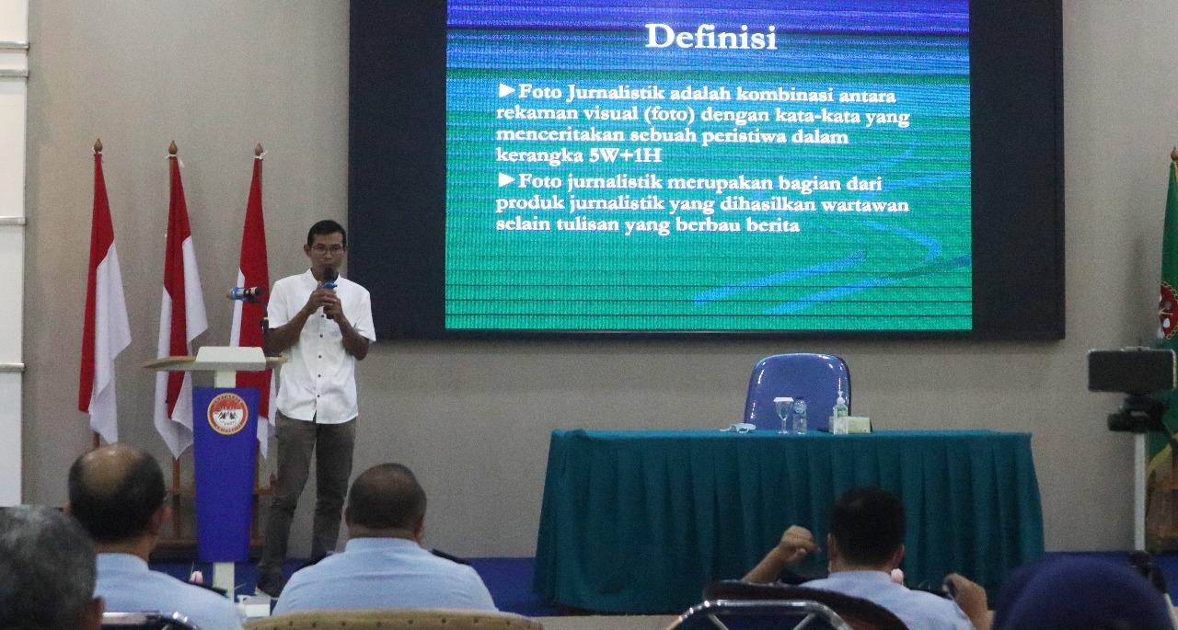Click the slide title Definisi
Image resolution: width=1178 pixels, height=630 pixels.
[x=711, y=38]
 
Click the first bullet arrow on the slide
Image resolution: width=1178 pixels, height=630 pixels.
[x=506, y=91]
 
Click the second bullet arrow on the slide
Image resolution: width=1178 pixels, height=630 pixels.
[x=506, y=180]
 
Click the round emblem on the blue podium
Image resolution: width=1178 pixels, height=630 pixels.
[x=227, y=414]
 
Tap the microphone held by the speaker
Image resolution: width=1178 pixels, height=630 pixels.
[x=329, y=291]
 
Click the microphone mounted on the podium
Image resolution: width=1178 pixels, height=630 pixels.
[x=245, y=293]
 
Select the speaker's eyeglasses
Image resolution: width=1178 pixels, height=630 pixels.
[x=327, y=250]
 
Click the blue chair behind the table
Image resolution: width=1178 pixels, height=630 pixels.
[x=797, y=392]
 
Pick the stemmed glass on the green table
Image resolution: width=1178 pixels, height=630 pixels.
[x=783, y=415]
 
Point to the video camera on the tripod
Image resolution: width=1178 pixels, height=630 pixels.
[x=1131, y=389]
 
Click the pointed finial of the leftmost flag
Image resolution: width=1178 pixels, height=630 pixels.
[x=98, y=146]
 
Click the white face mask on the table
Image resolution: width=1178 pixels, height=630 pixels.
[x=739, y=428]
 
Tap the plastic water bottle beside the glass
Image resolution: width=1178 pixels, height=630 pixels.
[x=800, y=416]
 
